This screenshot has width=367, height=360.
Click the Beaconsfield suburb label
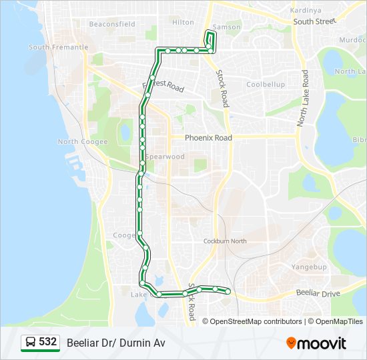112,24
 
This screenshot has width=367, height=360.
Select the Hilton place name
183,22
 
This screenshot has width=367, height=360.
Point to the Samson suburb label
227,27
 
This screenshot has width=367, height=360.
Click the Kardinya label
307,11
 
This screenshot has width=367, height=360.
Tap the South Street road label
314,21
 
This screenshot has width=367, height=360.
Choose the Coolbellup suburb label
266,85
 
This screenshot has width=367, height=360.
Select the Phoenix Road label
208,138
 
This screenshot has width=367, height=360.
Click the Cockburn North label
225,241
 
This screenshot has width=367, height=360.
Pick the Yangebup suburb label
308,266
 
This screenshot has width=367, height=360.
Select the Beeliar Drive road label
318,293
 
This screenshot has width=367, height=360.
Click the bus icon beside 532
30,343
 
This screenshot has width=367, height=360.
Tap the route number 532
47,342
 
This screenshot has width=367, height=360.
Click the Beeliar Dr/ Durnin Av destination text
115,343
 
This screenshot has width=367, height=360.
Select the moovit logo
316,343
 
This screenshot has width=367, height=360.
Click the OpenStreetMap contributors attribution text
256,321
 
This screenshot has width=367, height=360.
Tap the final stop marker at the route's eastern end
228,291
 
